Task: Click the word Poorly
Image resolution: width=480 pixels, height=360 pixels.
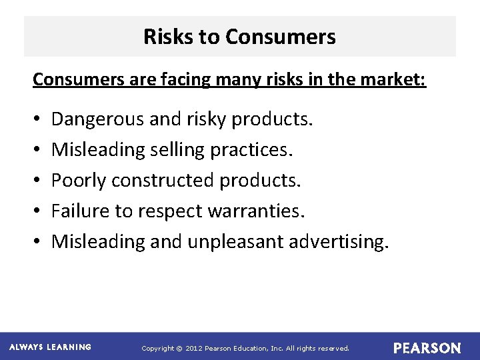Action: click(79, 181)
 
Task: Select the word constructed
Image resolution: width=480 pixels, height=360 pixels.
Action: click(163, 181)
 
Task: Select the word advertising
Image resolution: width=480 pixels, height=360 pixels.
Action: click(338, 241)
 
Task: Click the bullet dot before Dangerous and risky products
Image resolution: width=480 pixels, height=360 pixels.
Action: click(35, 120)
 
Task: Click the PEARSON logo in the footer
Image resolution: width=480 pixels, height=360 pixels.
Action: click(427, 348)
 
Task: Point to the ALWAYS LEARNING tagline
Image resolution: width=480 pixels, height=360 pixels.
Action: click(51, 347)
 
